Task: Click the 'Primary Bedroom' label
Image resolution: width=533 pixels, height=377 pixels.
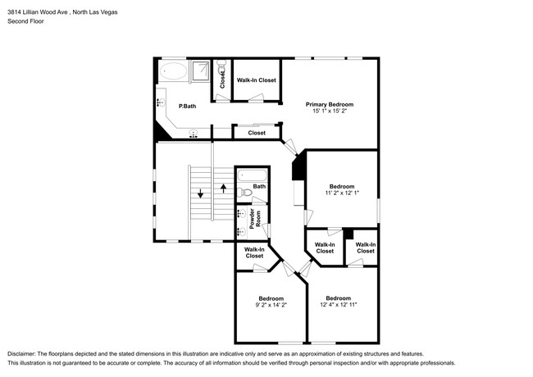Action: tap(329, 104)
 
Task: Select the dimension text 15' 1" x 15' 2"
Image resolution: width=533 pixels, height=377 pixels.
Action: tap(329, 111)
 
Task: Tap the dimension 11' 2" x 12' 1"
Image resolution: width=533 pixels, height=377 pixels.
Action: tap(342, 193)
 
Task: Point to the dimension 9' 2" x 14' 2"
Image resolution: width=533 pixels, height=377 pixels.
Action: tap(271, 305)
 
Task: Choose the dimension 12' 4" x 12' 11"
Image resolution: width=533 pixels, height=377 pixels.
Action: tap(339, 305)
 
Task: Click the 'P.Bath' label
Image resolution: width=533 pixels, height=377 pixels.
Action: tap(187, 106)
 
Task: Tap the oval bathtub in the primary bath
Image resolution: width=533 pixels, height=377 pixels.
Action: tap(172, 71)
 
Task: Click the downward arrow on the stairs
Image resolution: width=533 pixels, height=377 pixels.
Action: tap(199, 195)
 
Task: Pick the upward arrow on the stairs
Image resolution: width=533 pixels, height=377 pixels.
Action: tap(223, 189)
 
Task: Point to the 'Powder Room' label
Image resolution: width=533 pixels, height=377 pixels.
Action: tap(254, 218)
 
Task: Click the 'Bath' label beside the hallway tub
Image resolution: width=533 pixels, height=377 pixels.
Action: tap(259, 187)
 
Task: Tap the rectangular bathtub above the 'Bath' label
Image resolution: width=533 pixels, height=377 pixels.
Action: tap(251, 175)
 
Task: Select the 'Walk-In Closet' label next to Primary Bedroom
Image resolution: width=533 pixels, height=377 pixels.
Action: tap(257, 80)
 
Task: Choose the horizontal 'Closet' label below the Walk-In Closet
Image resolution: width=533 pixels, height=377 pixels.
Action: tap(257, 132)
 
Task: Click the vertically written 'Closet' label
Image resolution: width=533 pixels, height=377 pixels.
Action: tap(222, 79)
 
